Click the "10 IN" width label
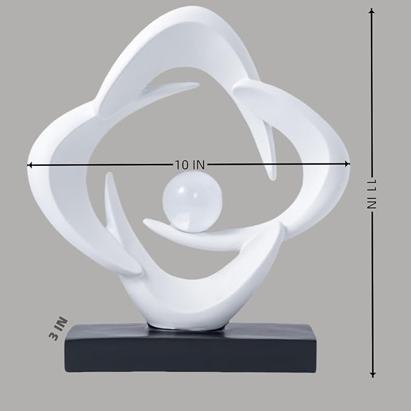point(189,165)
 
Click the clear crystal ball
point(192,200)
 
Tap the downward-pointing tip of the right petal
point(273,176)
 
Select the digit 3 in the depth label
point(56,335)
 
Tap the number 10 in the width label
point(181,165)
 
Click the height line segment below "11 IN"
point(372,291)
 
